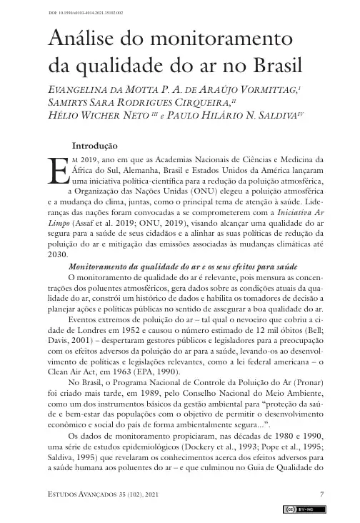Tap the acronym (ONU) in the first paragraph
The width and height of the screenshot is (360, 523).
click(x=195, y=191)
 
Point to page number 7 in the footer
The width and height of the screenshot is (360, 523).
click(x=322, y=494)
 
